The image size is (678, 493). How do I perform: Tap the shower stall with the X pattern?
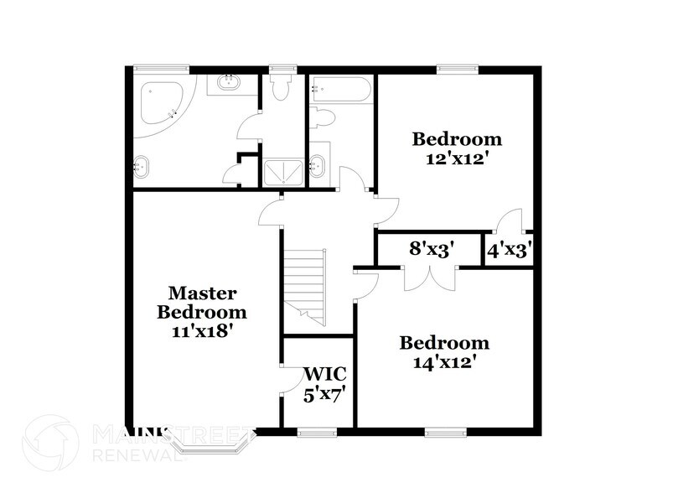pyautogui.click(x=284, y=171)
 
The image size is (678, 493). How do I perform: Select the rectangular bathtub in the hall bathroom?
pyautogui.click(x=339, y=90)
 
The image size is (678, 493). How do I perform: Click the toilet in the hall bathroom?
pyautogui.click(x=322, y=118)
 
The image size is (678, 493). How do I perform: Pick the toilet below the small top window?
pyautogui.click(x=279, y=88)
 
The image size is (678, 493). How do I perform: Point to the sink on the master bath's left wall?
pyautogui.click(x=142, y=168)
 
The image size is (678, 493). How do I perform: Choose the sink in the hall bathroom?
pyautogui.click(x=319, y=165)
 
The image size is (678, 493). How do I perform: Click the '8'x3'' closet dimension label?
pyautogui.click(x=432, y=248)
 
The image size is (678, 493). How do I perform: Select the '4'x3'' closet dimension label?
pyautogui.click(x=510, y=249)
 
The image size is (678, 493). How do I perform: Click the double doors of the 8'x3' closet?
pyautogui.click(x=430, y=277)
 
